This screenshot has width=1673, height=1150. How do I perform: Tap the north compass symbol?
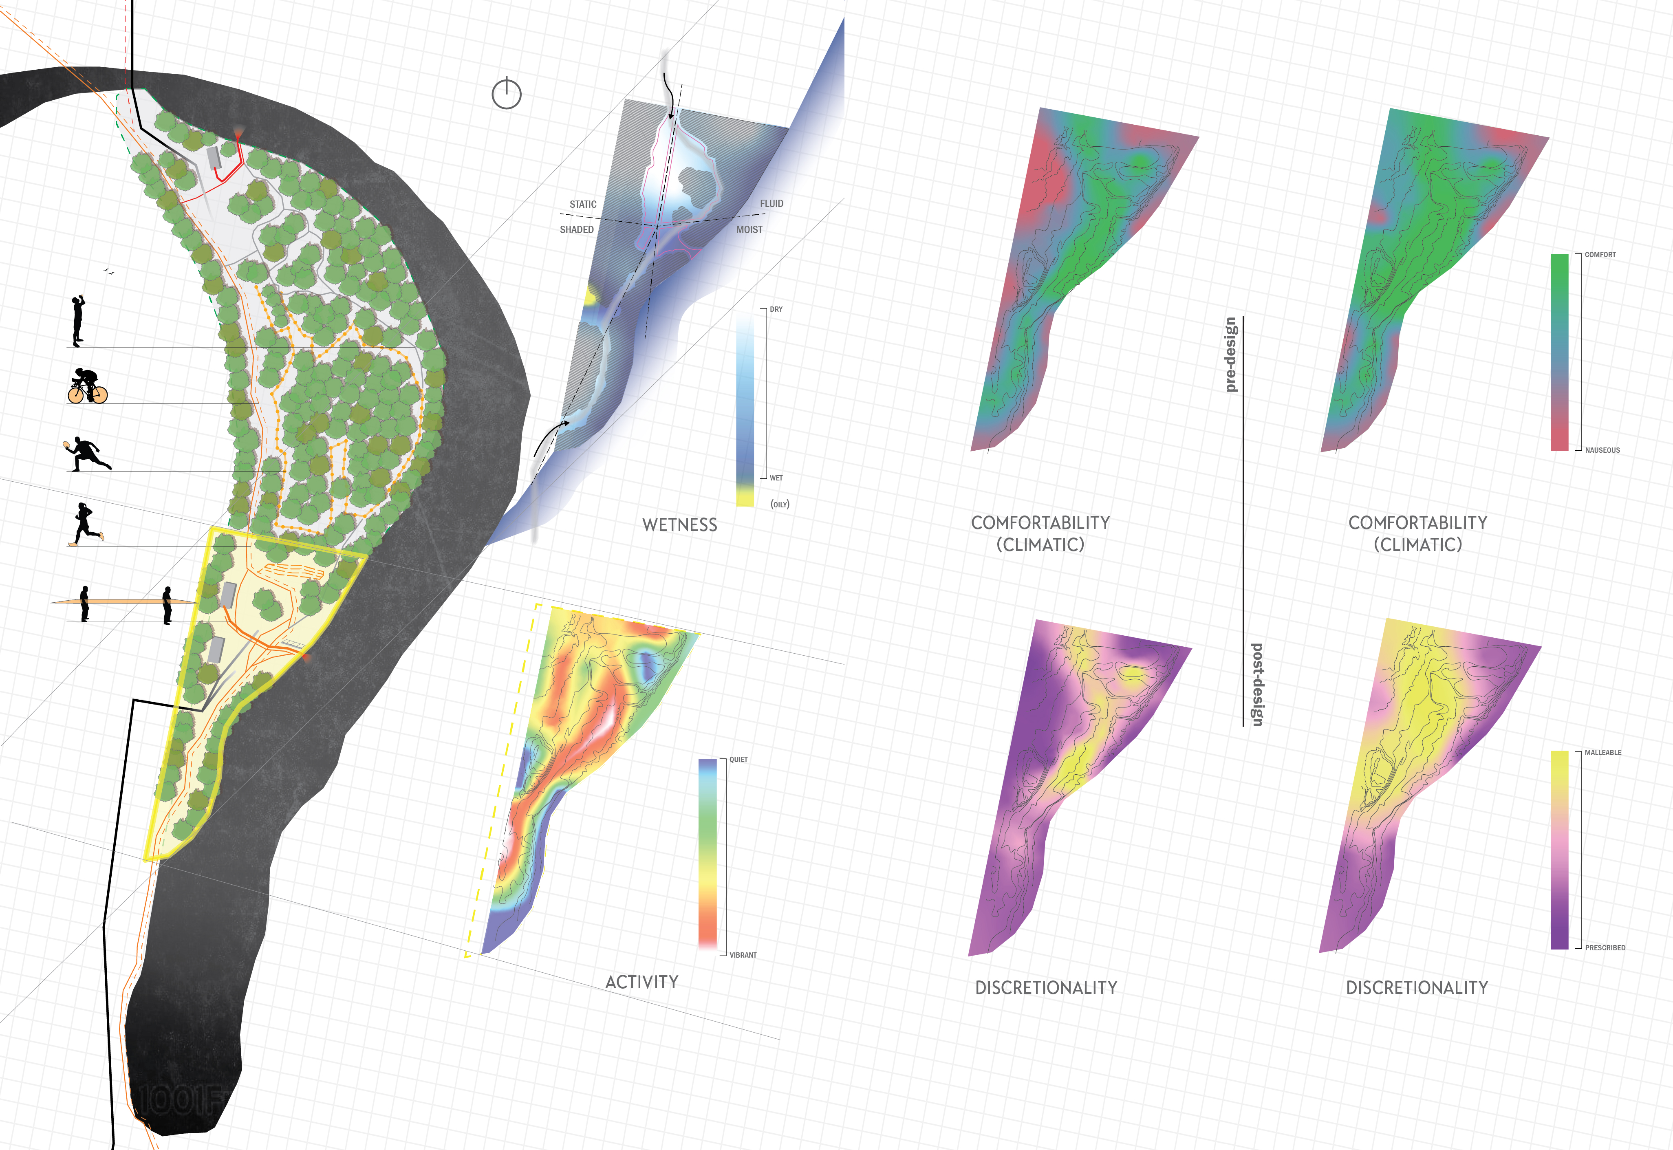point(507,93)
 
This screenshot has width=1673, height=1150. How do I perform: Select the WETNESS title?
point(679,524)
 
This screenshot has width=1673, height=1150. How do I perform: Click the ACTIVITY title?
point(641,982)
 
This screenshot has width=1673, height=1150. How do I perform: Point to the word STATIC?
point(583,205)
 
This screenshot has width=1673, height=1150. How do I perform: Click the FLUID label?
point(771,204)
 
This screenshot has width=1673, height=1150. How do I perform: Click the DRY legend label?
point(776,309)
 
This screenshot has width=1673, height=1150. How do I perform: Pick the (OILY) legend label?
point(780,505)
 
